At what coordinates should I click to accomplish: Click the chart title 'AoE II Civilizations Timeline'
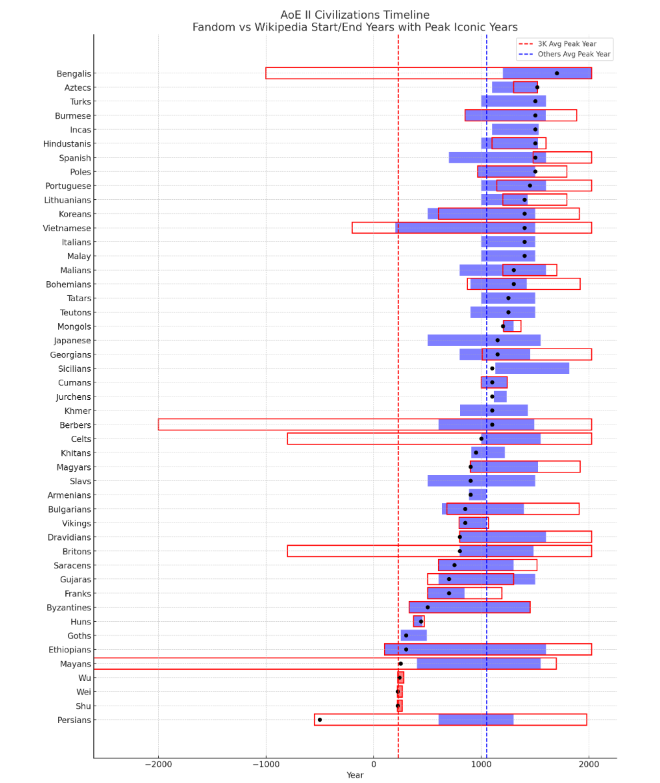(x=355, y=15)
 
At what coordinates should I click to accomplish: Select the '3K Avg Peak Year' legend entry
(x=567, y=44)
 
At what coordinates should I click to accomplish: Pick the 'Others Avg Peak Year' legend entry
(x=573, y=54)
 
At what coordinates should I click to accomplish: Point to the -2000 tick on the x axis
(x=158, y=764)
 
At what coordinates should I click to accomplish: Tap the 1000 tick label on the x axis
(x=481, y=764)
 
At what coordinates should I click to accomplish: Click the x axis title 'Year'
(x=355, y=775)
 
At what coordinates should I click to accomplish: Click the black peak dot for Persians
(x=320, y=720)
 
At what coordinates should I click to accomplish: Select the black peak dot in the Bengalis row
(x=557, y=73)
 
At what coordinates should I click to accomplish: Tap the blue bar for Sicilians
(x=532, y=369)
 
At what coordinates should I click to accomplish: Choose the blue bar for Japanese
(x=484, y=341)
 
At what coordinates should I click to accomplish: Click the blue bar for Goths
(x=413, y=636)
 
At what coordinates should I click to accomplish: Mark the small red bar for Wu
(x=400, y=678)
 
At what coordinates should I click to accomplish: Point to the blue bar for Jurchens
(x=500, y=396)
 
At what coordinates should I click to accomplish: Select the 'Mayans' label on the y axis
(x=75, y=664)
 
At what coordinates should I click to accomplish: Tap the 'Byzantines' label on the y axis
(x=69, y=608)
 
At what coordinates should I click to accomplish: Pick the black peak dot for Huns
(x=421, y=622)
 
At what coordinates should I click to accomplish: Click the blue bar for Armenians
(x=477, y=495)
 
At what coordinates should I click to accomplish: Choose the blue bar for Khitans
(x=488, y=452)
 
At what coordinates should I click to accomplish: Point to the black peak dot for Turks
(x=535, y=101)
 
